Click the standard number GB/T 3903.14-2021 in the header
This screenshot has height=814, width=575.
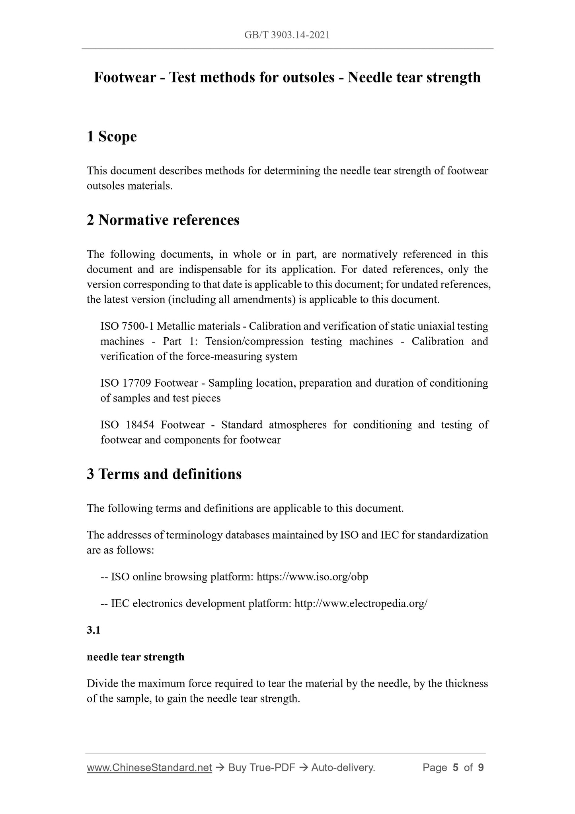coord(287,35)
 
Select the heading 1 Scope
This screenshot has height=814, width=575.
coord(112,137)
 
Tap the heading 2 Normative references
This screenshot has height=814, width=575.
coord(163,220)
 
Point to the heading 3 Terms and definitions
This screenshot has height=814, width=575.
coord(164,474)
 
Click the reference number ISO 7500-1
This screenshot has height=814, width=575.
coord(127,326)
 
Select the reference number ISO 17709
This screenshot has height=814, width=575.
coord(125,383)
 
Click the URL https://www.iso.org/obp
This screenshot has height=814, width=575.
coord(312,577)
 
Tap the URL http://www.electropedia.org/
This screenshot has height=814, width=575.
coord(361,603)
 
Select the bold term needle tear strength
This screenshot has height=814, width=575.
coord(136,657)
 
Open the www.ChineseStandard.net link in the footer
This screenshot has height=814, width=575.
coord(149,767)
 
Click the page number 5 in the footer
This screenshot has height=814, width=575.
coord(456,767)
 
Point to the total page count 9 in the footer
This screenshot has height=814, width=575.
coord(481,767)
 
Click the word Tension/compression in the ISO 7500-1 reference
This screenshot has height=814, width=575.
coord(254,341)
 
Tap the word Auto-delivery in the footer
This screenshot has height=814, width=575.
coord(343,767)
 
